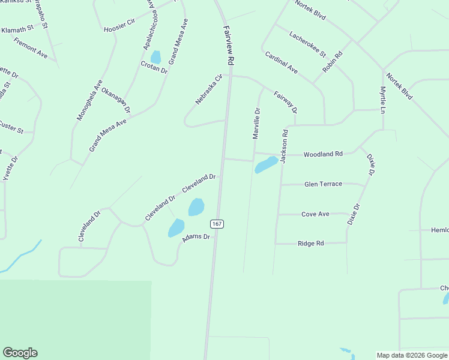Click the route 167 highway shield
click(217, 224)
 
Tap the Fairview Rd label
click(228, 46)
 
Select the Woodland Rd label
click(323, 154)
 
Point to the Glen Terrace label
click(323, 184)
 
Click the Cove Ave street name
click(315, 214)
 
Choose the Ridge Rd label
click(311, 243)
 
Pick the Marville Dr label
click(256, 124)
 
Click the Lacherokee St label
click(307, 45)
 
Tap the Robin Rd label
click(332, 62)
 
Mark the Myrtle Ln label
click(382, 100)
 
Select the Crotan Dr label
click(154, 67)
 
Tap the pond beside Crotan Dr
click(155, 57)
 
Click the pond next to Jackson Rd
click(266, 164)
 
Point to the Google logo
click(20, 353)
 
